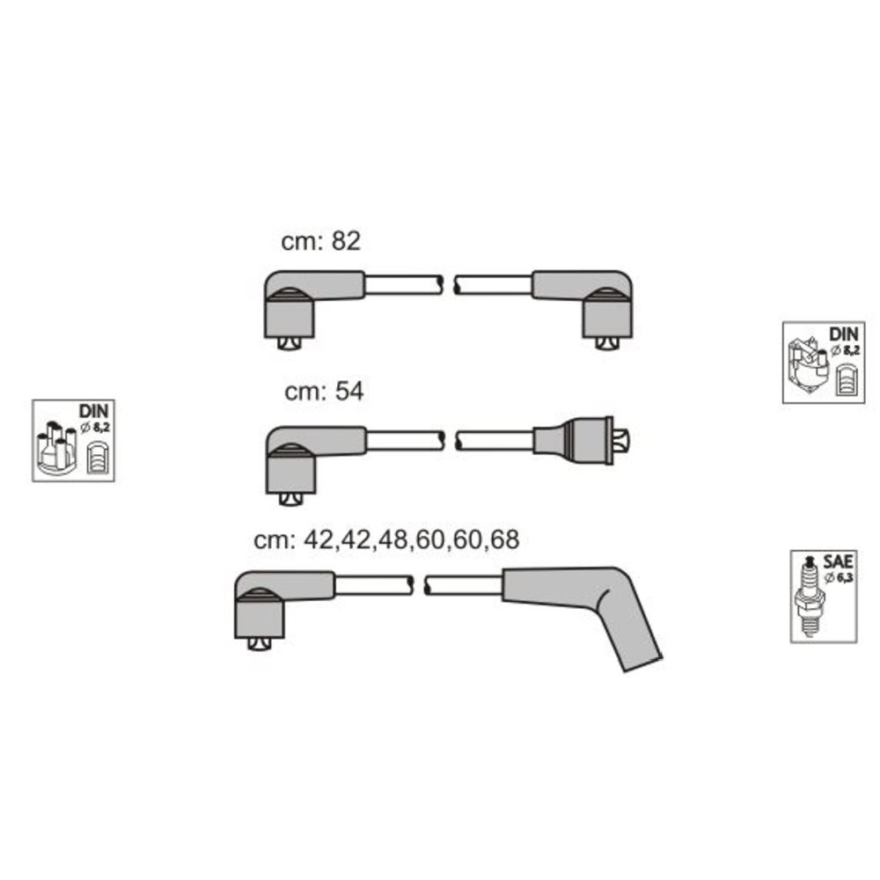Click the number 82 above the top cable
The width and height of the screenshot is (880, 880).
click(346, 241)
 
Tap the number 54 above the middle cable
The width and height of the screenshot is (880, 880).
click(349, 392)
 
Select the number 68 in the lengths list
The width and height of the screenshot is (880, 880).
click(504, 539)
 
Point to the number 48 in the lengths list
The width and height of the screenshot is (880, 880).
click(393, 539)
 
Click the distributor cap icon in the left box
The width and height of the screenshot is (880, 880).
click(55, 445)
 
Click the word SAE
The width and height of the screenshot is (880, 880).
click(838, 561)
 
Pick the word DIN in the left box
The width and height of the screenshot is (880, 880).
click(94, 411)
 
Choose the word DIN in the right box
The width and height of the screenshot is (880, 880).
click(844, 334)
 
